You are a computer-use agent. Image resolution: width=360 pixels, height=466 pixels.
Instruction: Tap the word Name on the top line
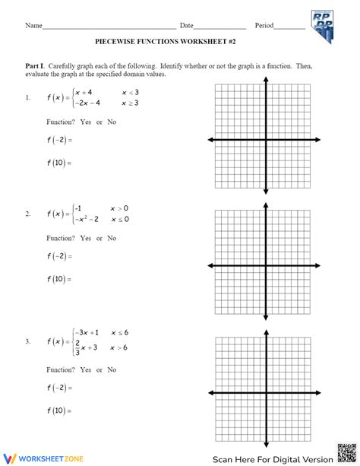[x=33, y=25]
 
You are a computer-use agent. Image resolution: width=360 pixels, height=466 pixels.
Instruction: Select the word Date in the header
[x=187, y=25]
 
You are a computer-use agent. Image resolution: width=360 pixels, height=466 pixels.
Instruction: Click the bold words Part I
[x=36, y=66]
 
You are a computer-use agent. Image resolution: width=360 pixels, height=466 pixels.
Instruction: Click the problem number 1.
[x=27, y=97]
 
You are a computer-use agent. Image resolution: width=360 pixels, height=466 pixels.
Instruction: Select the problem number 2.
[x=27, y=214]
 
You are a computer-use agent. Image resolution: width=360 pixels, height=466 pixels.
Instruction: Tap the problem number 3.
[x=27, y=341]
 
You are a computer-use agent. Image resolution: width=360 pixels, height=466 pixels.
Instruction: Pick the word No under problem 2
[x=112, y=238]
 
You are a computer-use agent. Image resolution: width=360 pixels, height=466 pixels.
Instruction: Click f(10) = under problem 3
[x=57, y=411]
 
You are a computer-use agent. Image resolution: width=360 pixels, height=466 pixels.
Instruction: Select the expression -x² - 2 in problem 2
[x=90, y=220]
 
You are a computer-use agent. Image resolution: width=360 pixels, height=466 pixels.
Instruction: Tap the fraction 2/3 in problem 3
[x=76, y=347]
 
